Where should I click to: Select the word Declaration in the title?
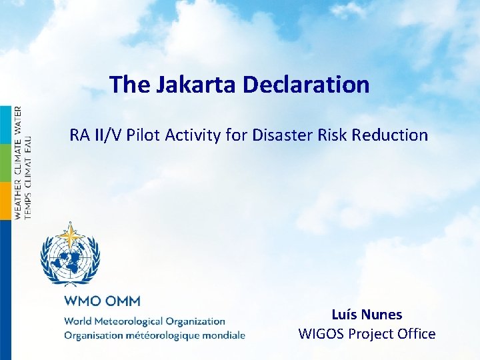click(306, 85)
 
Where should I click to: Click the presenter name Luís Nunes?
click(367, 314)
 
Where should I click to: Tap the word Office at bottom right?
click(413, 334)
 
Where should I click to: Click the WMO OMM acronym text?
click(102, 301)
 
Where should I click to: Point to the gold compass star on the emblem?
click(69, 236)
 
